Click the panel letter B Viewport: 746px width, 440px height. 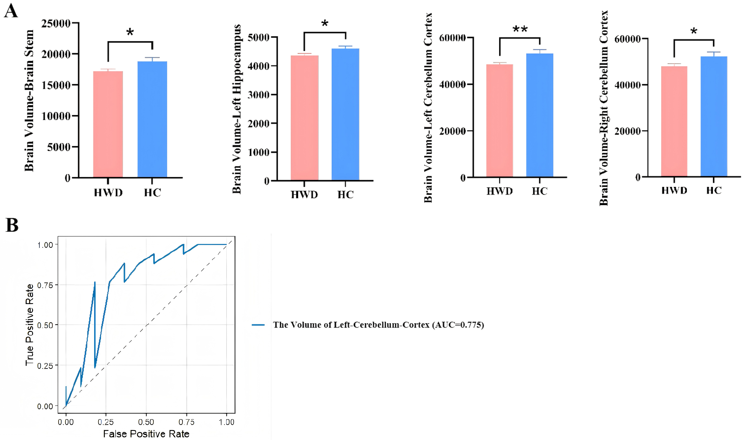[x=12, y=225]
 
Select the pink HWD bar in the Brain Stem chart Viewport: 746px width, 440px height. [x=108, y=125]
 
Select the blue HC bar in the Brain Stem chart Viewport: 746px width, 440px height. [x=152, y=119]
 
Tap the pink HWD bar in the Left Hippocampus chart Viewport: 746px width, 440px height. [x=304, y=119]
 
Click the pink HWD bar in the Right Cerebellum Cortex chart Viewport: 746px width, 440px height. [x=674, y=122]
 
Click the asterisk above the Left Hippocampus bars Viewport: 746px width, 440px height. [x=325, y=23]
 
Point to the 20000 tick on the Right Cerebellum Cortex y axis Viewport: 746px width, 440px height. [x=627, y=131]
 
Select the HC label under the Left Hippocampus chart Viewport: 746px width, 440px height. [x=345, y=195]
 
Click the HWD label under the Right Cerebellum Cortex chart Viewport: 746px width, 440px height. [x=674, y=190]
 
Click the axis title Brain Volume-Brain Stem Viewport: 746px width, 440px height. [x=29, y=101]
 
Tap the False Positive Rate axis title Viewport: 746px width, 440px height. [x=146, y=434]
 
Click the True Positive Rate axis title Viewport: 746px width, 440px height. [x=29, y=325]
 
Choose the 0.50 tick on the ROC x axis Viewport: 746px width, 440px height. [x=146, y=422]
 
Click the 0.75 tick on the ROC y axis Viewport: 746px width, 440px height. [x=45, y=285]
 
